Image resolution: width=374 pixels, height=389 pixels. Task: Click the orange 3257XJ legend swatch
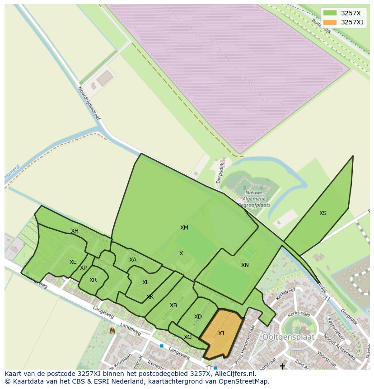tap(330, 22)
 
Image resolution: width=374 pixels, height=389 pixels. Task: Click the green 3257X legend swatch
tap(330, 13)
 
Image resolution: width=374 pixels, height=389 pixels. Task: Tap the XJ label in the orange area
tap(221, 333)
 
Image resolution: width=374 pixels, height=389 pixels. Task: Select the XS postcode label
tap(323, 213)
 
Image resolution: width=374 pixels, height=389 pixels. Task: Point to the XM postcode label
tap(184, 228)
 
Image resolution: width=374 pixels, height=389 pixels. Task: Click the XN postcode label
tap(245, 265)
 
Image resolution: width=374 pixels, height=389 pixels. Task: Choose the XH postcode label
tap(75, 231)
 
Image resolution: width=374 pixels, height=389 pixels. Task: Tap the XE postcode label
tap(73, 262)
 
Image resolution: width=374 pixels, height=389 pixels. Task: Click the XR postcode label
tap(93, 280)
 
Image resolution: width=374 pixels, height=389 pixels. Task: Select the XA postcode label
tap(132, 260)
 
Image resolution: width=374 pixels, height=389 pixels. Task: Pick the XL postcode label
tap(145, 282)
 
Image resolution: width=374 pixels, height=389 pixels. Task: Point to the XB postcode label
tap(173, 305)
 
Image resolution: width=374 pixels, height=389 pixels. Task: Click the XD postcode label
tap(198, 317)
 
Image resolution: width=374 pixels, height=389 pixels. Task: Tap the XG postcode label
tap(187, 337)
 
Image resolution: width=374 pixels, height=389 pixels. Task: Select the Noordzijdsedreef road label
tap(89, 103)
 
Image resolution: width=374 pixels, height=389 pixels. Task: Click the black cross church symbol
tap(282, 366)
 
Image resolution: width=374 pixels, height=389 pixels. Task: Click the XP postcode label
tap(83, 268)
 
